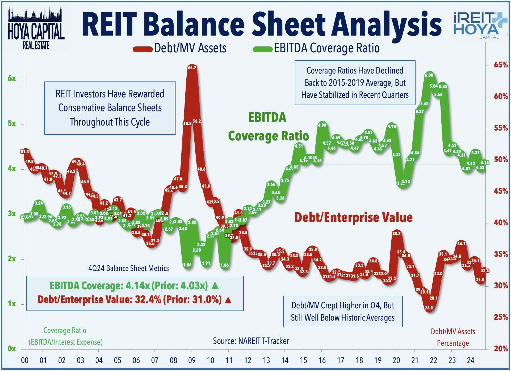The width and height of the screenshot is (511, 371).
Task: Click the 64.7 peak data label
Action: (x=192, y=67)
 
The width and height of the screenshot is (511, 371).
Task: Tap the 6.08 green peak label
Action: (x=429, y=75)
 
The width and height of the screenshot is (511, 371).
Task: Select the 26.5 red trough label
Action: (x=429, y=308)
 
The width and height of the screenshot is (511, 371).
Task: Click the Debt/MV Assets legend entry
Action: (x=180, y=48)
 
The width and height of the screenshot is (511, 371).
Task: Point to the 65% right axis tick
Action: (x=501, y=65)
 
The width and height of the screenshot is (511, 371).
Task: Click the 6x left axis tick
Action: (x=12, y=79)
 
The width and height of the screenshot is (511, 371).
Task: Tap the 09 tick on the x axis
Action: (x=192, y=361)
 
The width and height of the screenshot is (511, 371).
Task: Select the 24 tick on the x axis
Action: (x=471, y=361)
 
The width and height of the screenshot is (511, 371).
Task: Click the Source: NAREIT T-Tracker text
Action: (x=251, y=341)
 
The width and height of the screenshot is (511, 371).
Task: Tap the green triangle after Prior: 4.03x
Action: (x=215, y=286)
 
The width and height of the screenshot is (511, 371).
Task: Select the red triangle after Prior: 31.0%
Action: (x=228, y=300)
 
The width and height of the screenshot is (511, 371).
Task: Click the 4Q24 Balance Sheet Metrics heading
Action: (x=128, y=268)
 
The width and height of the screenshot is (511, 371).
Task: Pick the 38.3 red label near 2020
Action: (x=396, y=234)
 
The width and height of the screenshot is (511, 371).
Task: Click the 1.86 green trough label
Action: (x=225, y=265)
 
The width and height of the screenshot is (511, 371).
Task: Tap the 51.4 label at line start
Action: (x=24, y=152)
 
